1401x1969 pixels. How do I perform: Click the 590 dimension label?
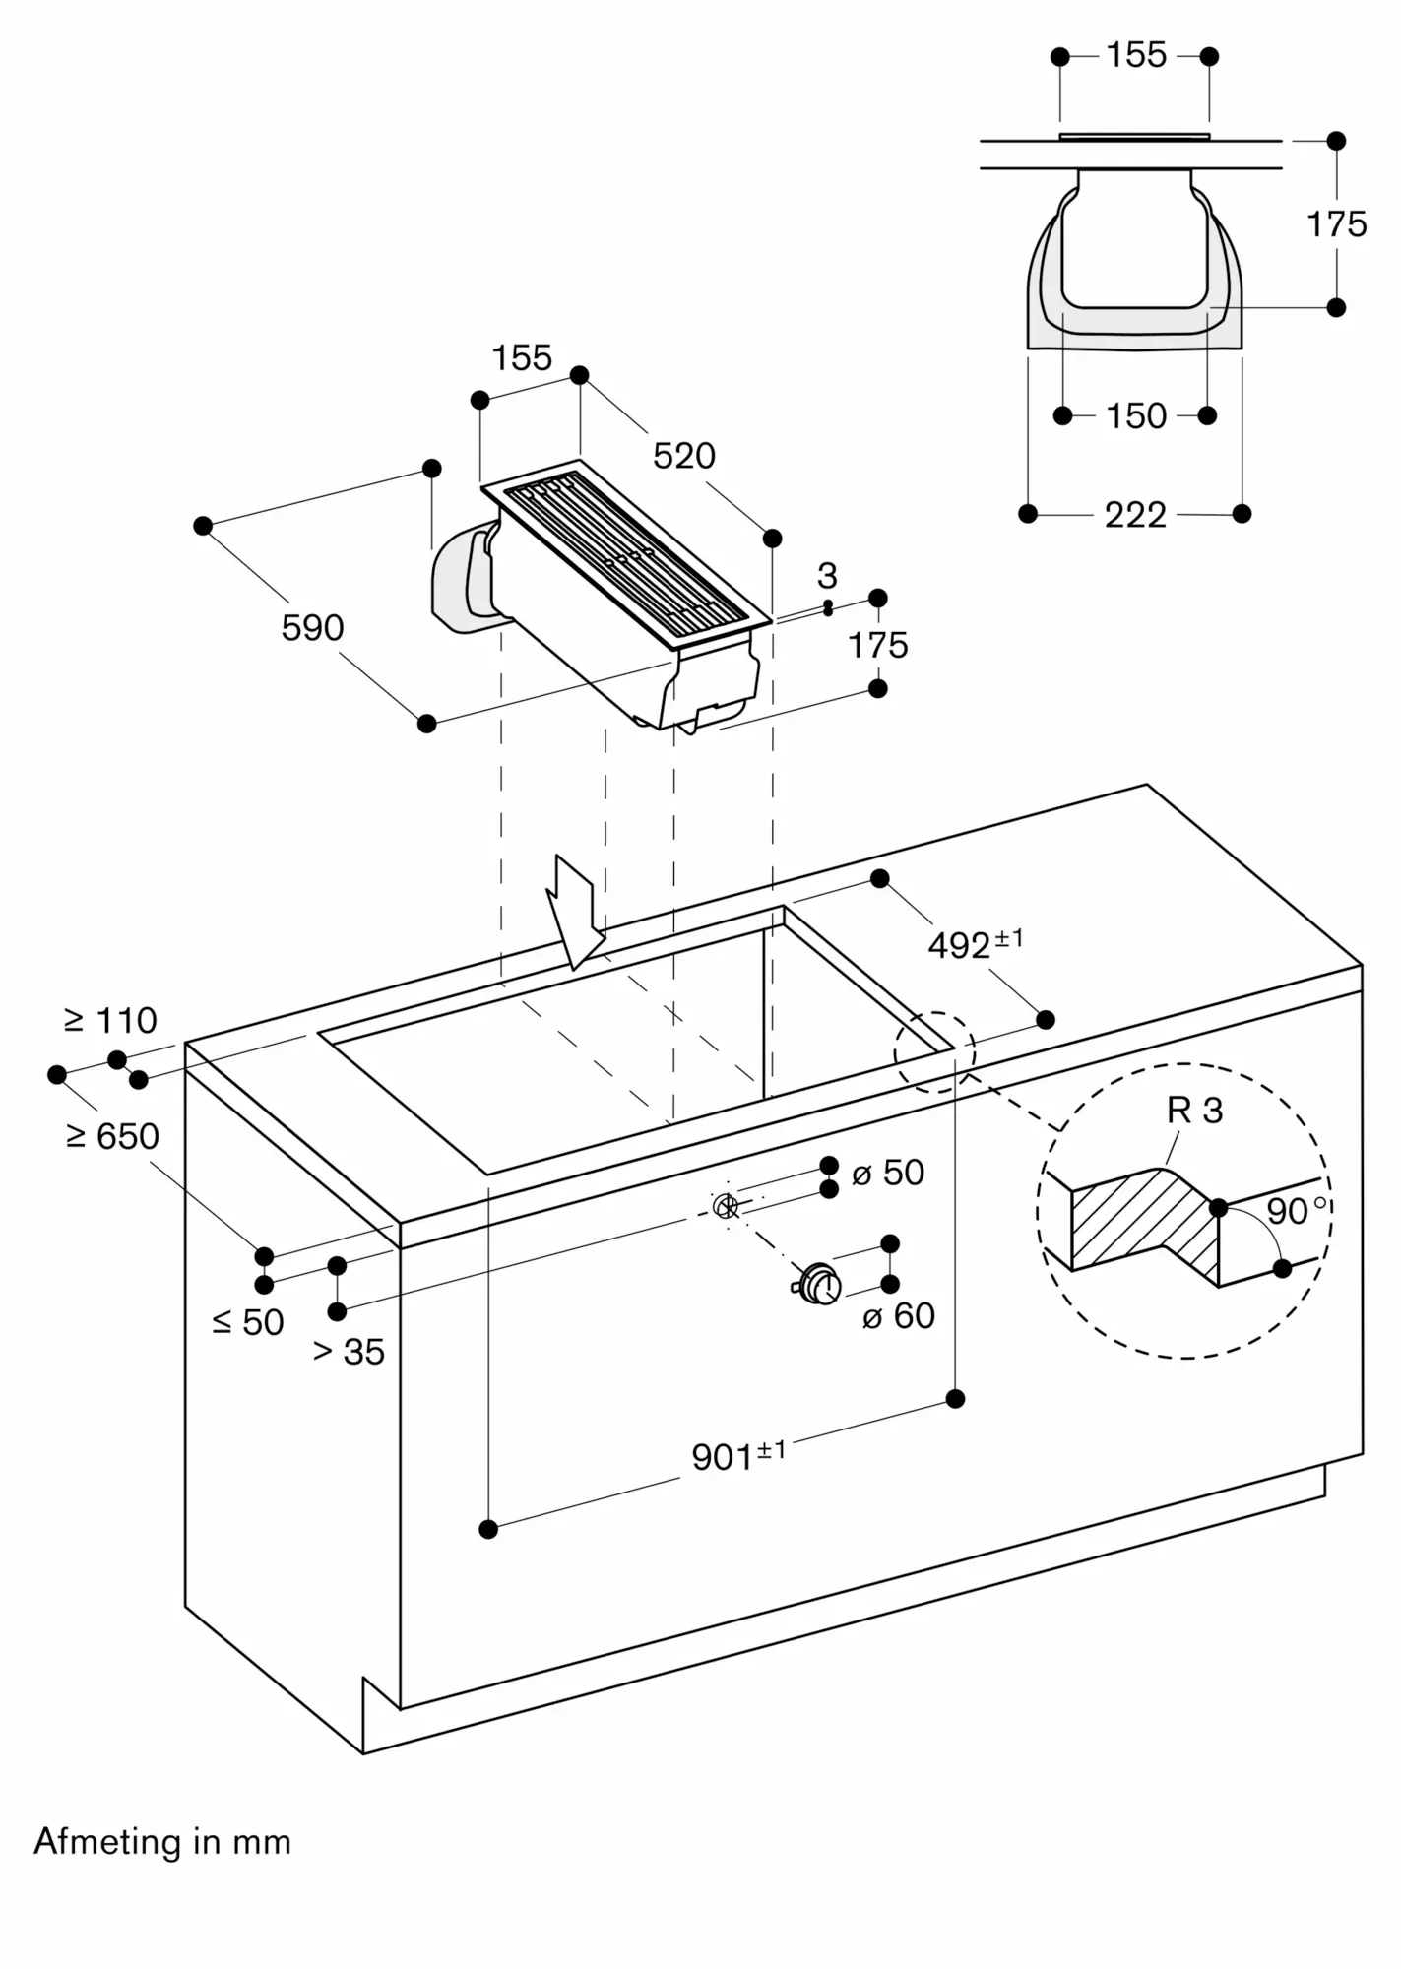[x=312, y=628]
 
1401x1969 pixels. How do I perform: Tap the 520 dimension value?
[x=684, y=456]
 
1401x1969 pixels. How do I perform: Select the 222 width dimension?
[x=1135, y=515]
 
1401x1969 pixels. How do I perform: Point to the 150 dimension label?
[x=1136, y=416]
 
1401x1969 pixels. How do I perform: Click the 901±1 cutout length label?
[x=738, y=1455]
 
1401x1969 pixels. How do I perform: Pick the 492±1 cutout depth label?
[x=976, y=944]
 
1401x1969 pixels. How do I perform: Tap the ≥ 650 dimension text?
[x=112, y=1137]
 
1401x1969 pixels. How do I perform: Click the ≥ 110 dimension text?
[x=110, y=1021]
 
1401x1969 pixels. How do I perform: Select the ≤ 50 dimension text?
[x=248, y=1322]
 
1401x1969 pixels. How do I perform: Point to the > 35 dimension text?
[x=349, y=1352]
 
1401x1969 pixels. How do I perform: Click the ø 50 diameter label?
[x=888, y=1173]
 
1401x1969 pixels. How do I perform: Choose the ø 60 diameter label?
[x=898, y=1316]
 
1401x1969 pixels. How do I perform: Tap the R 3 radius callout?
[x=1194, y=1111]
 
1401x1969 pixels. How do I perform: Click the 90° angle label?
[x=1297, y=1210]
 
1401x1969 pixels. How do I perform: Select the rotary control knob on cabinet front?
[x=816, y=1285]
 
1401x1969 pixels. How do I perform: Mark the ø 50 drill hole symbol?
[x=726, y=1204]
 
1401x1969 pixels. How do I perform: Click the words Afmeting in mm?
[x=162, y=1842]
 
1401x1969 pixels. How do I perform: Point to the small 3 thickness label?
[x=827, y=575]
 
